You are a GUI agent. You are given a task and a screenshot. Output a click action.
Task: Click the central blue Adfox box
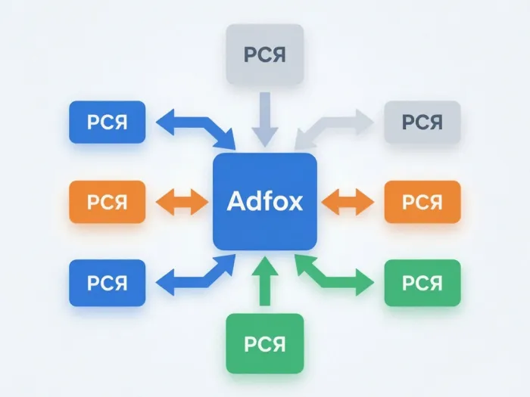(265, 202)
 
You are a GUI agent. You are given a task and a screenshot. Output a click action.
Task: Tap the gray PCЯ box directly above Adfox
(265, 54)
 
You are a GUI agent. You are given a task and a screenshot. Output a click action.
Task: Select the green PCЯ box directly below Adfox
(265, 343)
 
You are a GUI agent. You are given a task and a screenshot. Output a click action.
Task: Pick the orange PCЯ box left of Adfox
(108, 202)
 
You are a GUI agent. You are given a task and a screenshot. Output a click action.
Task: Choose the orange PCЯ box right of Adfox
(422, 202)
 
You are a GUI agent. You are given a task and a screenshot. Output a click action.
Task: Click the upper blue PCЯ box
(108, 122)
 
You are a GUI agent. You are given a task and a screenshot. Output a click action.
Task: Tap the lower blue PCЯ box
(108, 283)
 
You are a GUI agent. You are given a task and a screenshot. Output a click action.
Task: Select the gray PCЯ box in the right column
(422, 122)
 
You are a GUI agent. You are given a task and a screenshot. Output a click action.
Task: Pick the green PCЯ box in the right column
(422, 283)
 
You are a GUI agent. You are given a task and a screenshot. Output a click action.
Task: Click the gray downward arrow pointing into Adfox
(265, 119)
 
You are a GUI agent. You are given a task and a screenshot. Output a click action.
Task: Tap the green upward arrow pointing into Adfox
(265, 281)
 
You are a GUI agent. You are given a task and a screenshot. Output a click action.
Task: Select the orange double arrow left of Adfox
(182, 202)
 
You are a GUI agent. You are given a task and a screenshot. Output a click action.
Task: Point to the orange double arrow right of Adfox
(348, 202)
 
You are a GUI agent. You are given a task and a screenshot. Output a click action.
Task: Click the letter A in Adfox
(236, 201)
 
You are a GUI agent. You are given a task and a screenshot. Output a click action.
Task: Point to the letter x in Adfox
(295, 204)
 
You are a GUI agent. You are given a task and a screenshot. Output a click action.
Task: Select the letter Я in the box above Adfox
(278, 54)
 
